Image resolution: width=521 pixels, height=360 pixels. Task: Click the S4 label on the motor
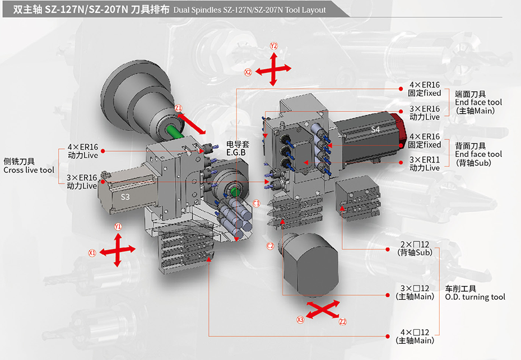pyautogui.click(x=375, y=130)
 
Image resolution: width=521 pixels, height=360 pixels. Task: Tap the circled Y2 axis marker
pyautogui.click(x=273, y=45)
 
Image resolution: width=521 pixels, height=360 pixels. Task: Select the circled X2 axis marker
pyautogui.click(x=248, y=72)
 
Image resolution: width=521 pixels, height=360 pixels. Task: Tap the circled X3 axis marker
pyautogui.click(x=300, y=320)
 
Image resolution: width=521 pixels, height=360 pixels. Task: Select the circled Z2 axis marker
pyautogui.click(x=343, y=322)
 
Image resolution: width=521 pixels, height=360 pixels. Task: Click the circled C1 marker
pyautogui.click(x=257, y=202)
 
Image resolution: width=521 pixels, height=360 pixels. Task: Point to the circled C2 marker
pyautogui.click(x=270, y=246)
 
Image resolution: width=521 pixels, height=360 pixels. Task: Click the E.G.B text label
pyautogui.click(x=236, y=152)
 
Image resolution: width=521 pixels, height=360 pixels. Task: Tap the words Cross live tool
pyautogui.click(x=29, y=170)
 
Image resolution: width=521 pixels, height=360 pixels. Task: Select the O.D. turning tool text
pyautogui.click(x=475, y=297)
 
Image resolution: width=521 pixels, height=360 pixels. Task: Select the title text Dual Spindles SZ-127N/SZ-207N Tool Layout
pyautogui.click(x=249, y=10)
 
